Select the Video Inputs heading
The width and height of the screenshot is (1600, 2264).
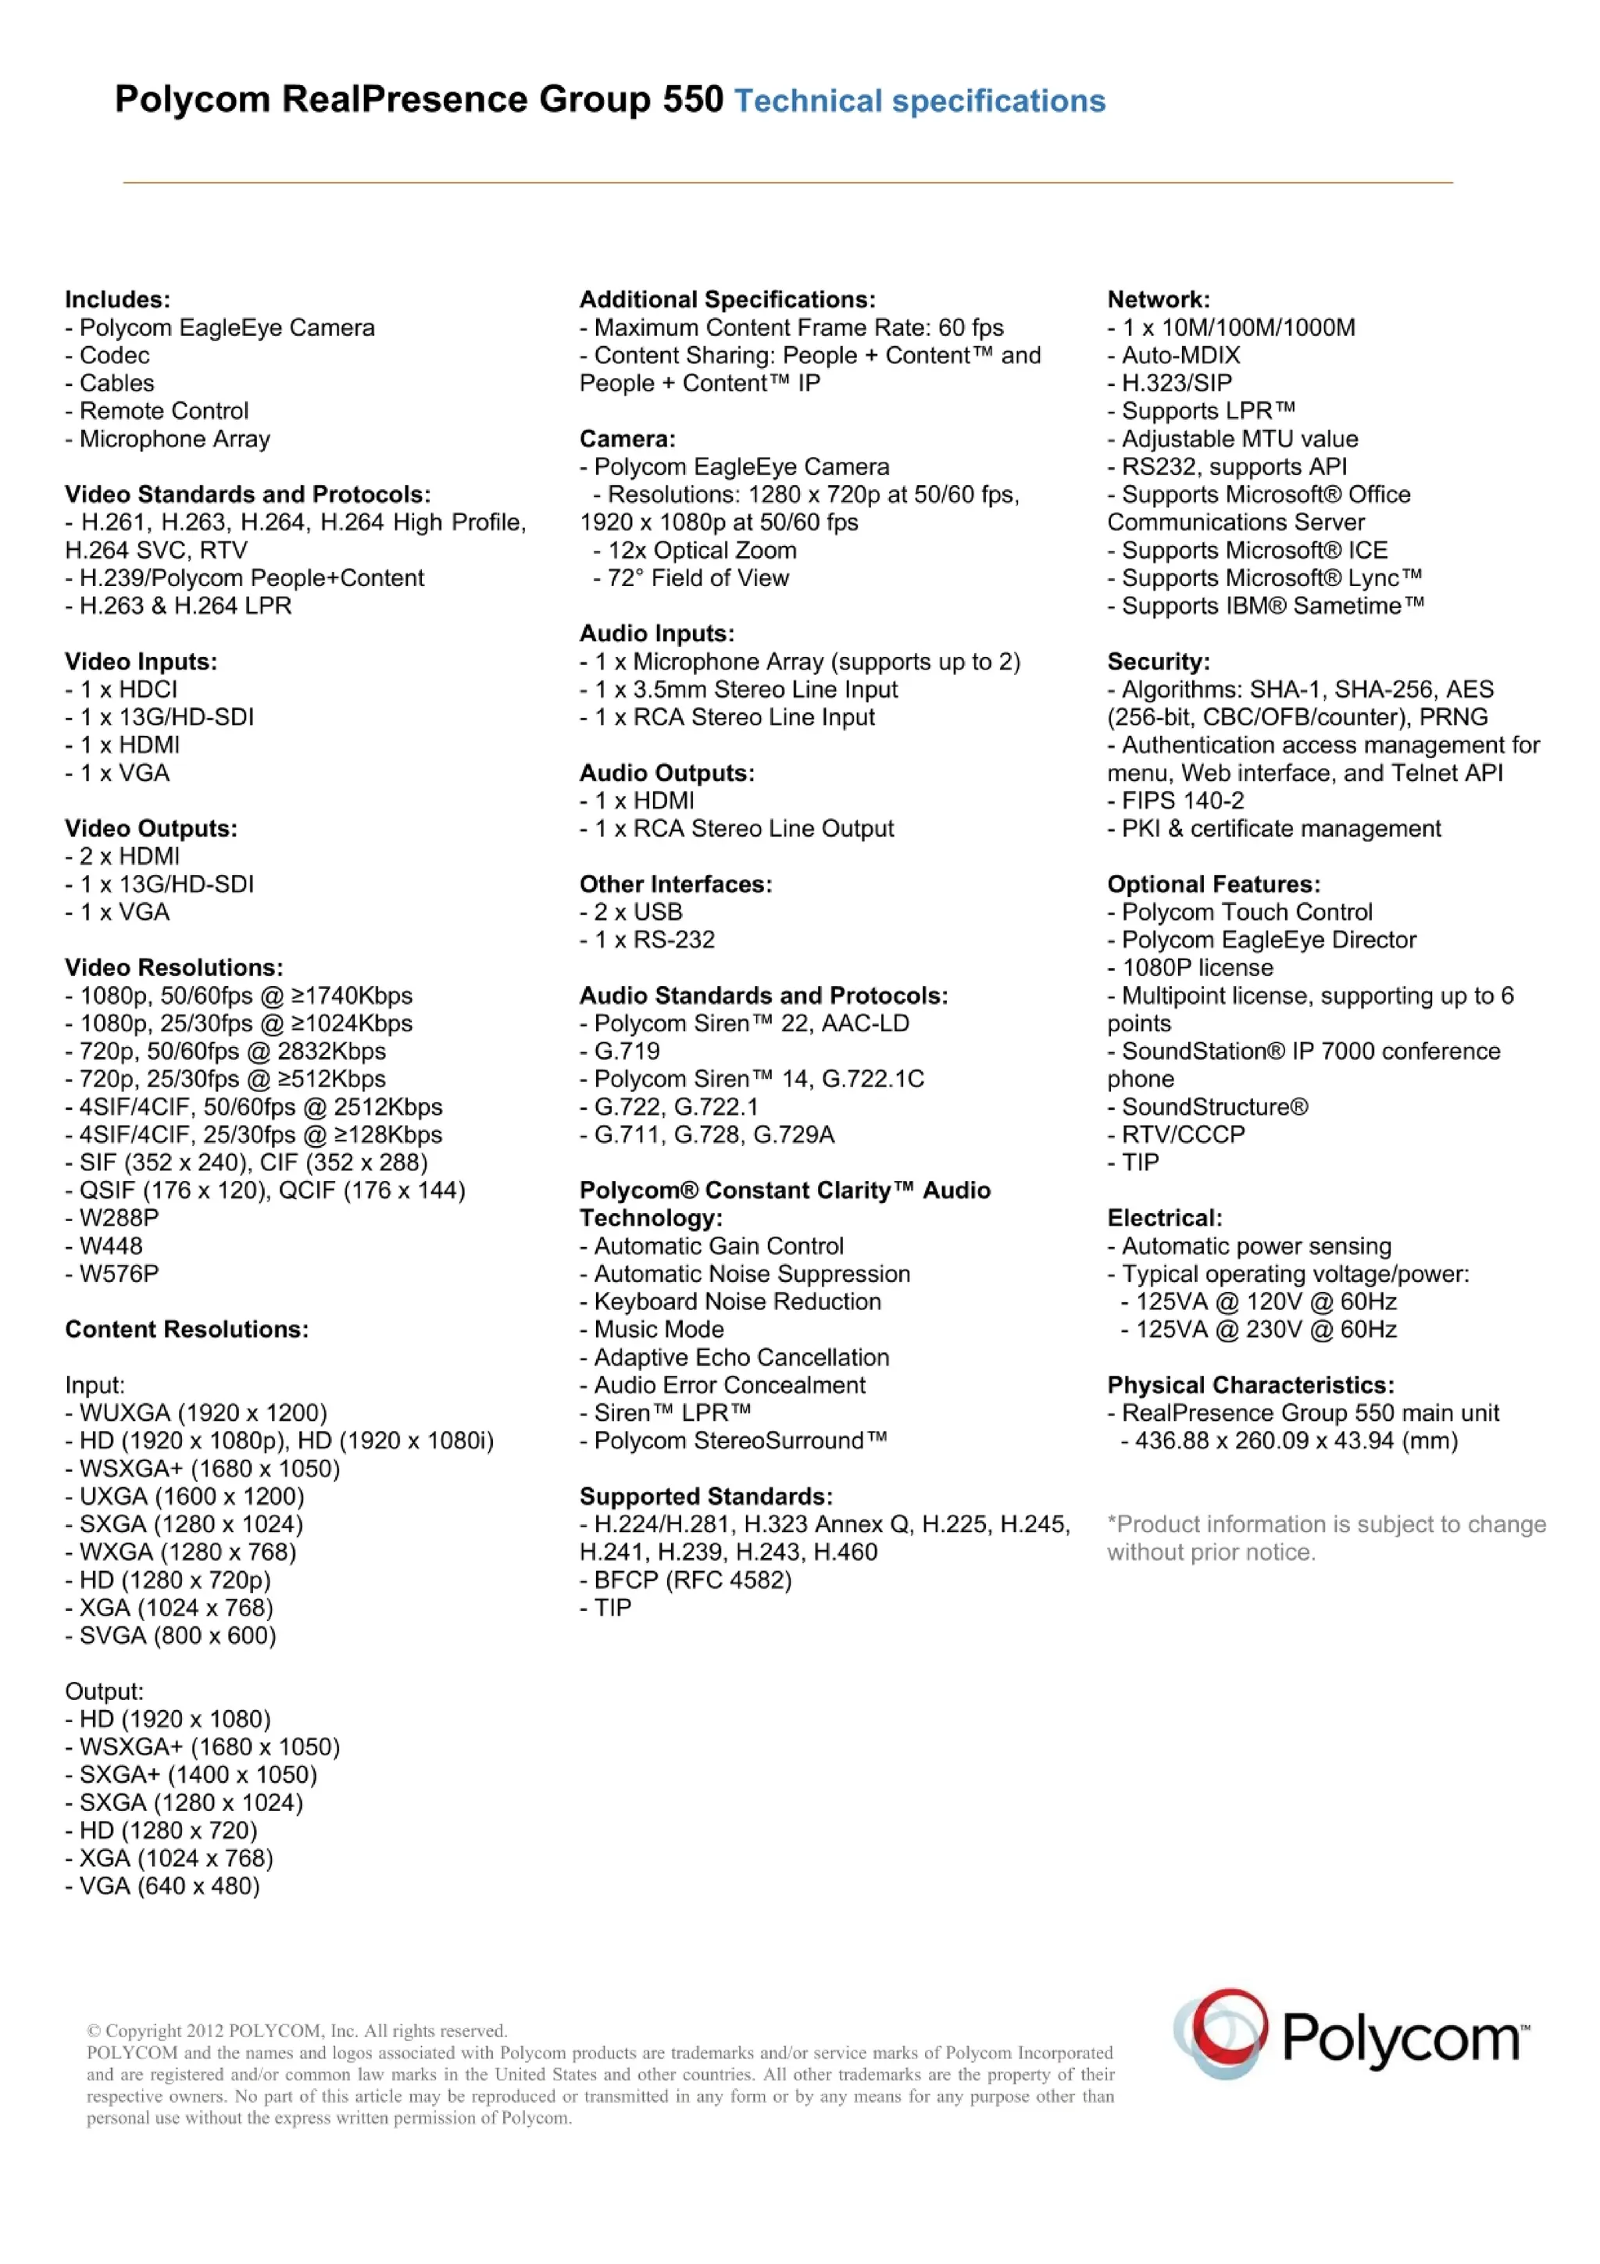pyautogui.click(x=141, y=661)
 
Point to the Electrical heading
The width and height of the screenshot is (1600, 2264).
pyautogui.click(x=1164, y=1218)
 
